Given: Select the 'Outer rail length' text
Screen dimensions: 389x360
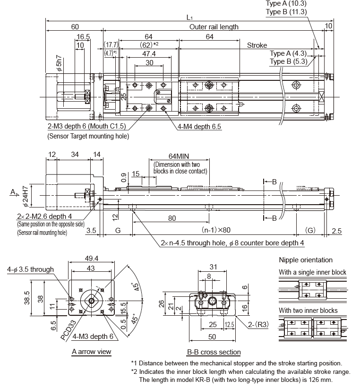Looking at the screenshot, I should (214, 27).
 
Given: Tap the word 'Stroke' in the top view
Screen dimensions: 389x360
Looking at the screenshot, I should (257, 45).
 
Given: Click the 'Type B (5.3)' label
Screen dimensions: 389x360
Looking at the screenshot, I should (288, 61).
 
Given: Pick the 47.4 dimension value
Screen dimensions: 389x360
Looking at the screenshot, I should (149, 54).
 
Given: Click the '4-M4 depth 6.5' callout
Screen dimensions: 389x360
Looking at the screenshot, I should (199, 127).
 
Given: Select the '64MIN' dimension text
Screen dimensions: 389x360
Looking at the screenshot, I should (178, 156).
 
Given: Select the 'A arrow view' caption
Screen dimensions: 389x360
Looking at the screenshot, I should (91, 351).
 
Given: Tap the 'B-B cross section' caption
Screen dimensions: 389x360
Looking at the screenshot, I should (214, 352).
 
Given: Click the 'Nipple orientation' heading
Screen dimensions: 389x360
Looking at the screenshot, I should (306, 260).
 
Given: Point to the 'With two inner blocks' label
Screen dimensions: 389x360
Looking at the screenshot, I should (308, 311).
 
